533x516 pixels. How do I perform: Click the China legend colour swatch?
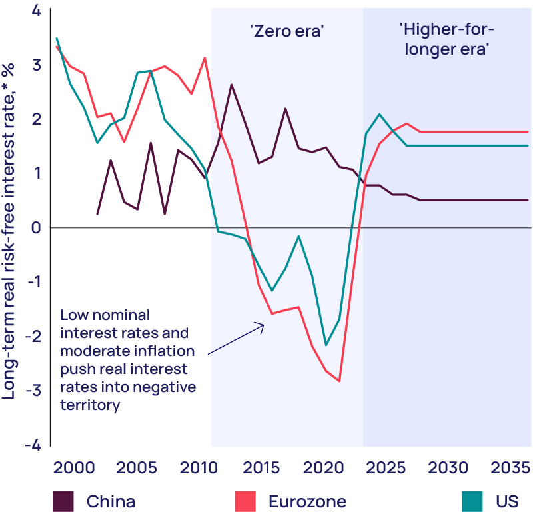pos(64,501)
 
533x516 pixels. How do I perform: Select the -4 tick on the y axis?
pos(32,445)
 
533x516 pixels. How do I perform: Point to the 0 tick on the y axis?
pos(36,228)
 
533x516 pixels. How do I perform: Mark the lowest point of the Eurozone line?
pos(340,381)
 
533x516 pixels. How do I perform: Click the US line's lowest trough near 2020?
pos(326,345)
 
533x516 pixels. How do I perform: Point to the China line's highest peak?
pos(231,85)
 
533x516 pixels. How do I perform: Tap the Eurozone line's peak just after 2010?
pos(205,58)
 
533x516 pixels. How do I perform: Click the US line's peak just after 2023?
pos(379,114)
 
